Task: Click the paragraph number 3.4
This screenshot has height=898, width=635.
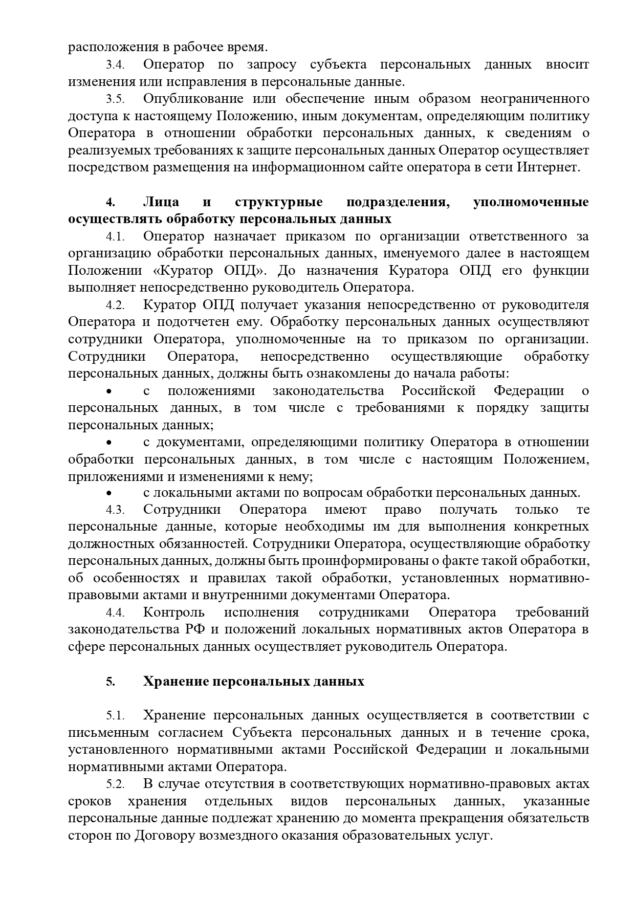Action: pyautogui.click(x=115, y=65)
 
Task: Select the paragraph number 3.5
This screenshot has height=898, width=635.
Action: pyautogui.click(x=115, y=99)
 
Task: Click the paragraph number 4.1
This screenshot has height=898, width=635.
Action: pyautogui.click(x=115, y=237)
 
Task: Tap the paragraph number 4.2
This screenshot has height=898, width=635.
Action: pyautogui.click(x=115, y=305)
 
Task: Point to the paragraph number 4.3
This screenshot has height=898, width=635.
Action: pyautogui.click(x=115, y=510)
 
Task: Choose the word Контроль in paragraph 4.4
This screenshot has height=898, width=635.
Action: pyautogui.click(x=174, y=612)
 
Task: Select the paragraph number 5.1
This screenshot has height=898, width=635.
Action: pyautogui.click(x=115, y=716)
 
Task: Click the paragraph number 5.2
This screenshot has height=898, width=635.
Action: pyautogui.click(x=115, y=784)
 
